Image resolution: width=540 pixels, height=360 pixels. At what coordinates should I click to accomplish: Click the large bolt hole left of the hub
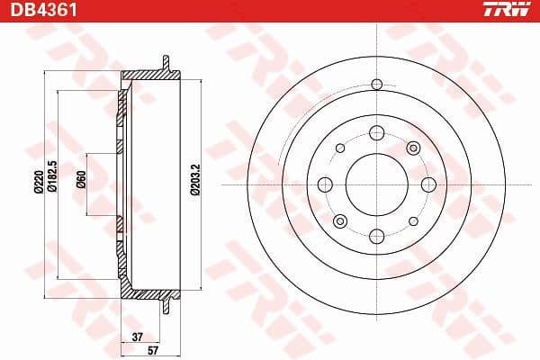coord(324,184)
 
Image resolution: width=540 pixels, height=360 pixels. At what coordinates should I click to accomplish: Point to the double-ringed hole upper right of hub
coord(413,148)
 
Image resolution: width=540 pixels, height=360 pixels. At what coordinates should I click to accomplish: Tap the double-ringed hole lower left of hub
coord(339,220)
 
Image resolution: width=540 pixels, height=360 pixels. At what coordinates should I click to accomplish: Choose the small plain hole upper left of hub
coord(340,148)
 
